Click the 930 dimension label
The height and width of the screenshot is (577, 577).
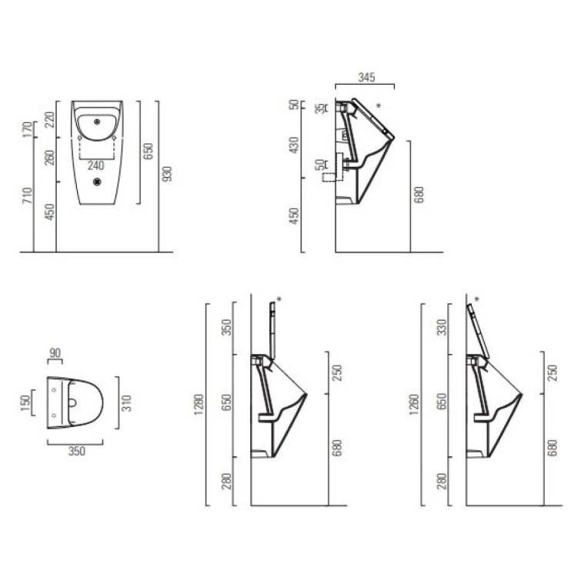tap(167, 174)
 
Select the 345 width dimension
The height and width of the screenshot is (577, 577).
tap(366, 77)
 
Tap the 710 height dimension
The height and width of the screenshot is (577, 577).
tap(27, 195)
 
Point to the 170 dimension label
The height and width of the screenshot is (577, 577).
tap(27, 129)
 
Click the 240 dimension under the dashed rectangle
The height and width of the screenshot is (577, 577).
tap(95, 165)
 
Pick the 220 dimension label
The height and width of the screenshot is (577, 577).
tap(49, 119)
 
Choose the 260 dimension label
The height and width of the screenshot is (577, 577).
tap(49, 158)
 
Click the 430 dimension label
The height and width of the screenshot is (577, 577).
tap(294, 145)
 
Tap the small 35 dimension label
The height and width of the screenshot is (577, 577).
tap(322, 108)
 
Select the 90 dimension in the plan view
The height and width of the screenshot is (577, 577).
tap(55, 353)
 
